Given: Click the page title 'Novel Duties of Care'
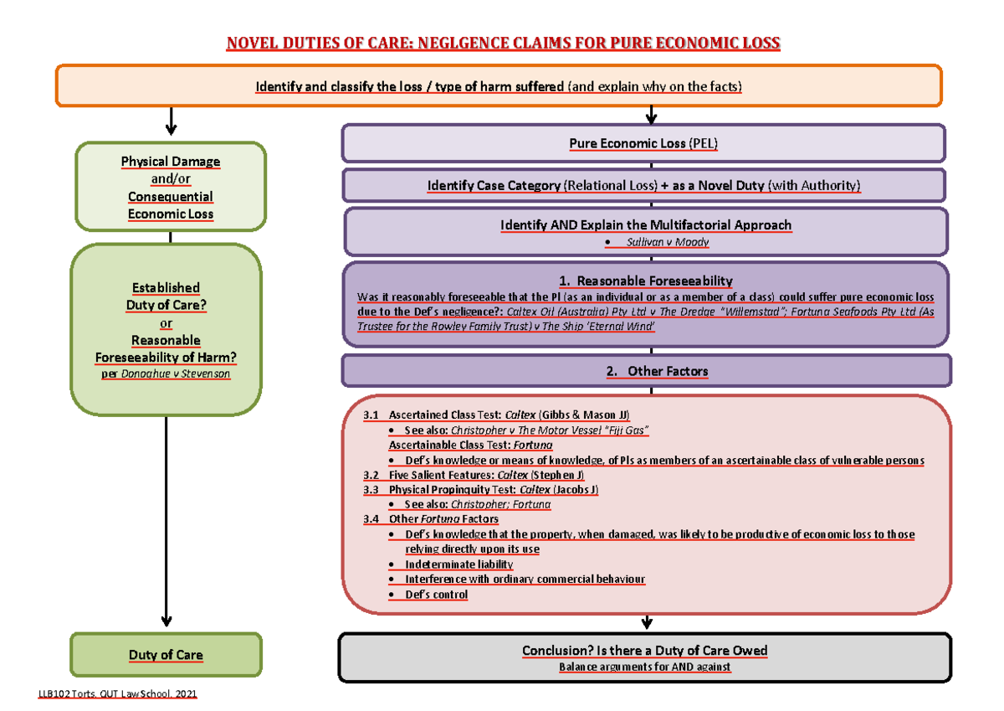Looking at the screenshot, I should pyautogui.click(x=502, y=43).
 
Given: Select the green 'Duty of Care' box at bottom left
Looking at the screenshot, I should pyautogui.click(x=166, y=654).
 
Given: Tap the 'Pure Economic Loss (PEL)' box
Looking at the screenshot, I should pyautogui.click(x=643, y=143).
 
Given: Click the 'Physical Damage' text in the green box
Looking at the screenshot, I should pyautogui.click(x=170, y=161).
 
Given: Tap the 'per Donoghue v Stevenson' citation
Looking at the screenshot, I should pyautogui.click(x=165, y=374).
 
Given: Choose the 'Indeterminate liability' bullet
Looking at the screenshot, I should pyautogui.click(x=458, y=564).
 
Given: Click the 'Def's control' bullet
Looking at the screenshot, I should pyautogui.click(x=436, y=595).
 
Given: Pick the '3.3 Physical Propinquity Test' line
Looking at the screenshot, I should pyautogui.click(x=481, y=489).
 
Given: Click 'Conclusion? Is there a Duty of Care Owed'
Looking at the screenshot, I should pyautogui.click(x=644, y=651).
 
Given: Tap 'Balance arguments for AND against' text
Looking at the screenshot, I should pyautogui.click(x=644, y=667).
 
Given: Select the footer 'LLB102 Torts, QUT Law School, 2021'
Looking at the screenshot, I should pyautogui.click(x=117, y=695).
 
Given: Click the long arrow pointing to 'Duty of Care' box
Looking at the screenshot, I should pyautogui.click(x=166, y=519).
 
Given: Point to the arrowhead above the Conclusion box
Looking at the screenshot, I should pyautogui.click(x=645, y=622).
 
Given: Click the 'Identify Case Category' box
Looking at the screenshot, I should pyautogui.click(x=643, y=185).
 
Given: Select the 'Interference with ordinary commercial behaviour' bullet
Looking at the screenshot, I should pyautogui.click(x=525, y=580).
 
